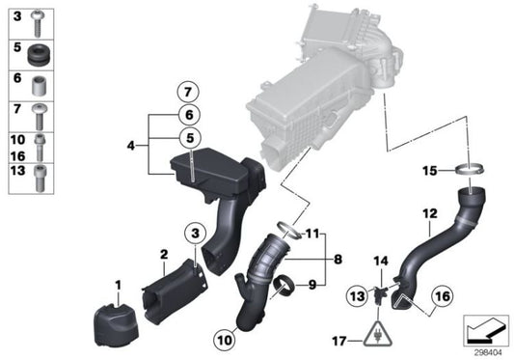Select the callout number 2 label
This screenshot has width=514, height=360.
tap(164, 254)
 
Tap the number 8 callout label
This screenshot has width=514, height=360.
tap(338, 259)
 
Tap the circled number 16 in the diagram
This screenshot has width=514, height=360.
tap(441, 296)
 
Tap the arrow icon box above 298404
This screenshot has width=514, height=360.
tap(484, 330)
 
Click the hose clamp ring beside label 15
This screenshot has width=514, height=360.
tap(469, 171)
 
